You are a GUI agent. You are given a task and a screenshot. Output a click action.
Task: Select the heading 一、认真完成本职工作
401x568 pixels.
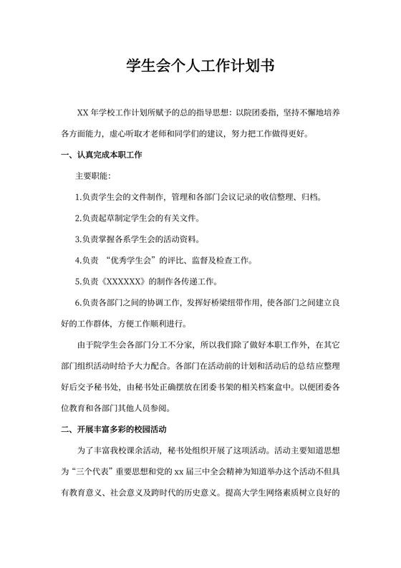click(x=101, y=154)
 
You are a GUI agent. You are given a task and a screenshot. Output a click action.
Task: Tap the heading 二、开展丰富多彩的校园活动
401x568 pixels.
click(x=115, y=430)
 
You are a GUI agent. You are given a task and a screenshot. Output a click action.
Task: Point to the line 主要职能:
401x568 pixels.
click(x=93, y=175)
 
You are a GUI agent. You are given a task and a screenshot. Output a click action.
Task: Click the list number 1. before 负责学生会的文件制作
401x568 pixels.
click(x=78, y=196)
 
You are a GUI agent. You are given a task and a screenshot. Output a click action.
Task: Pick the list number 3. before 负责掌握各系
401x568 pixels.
click(x=78, y=239)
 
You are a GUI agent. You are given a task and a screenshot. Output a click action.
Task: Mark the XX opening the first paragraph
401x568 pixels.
click(x=83, y=112)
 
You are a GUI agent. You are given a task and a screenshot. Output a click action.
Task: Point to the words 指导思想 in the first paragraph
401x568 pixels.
click(x=206, y=112)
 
